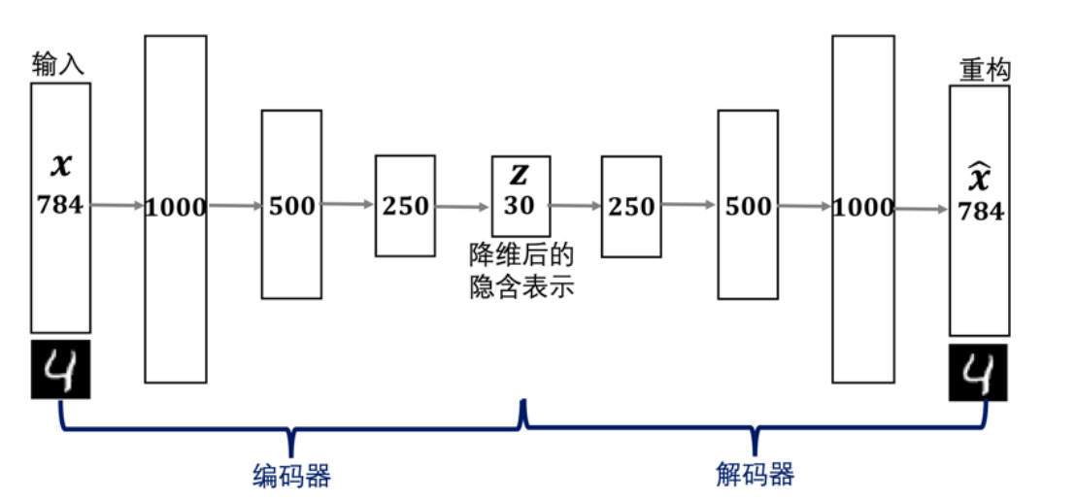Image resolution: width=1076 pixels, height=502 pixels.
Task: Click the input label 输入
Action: click(x=58, y=65)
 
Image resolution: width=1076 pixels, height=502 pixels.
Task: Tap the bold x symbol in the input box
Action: click(x=60, y=166)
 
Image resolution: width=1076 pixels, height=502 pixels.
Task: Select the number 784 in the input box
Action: click(x=60, y=204)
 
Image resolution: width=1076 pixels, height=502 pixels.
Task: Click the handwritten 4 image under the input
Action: click(x=60, y=369)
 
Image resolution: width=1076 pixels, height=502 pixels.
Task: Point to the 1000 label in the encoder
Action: click(x=176, y=207)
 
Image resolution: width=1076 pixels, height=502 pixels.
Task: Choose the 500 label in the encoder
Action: click(x=291, y=206)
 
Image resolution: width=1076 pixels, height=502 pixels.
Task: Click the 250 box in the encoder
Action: click(x=406, y=206)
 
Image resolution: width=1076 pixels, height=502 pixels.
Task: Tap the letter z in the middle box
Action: click(x=521, y=174)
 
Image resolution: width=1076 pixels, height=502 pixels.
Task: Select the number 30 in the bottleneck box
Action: click(x=520, y=205)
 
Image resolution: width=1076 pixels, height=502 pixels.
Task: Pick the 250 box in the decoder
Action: click(x=631, y=206)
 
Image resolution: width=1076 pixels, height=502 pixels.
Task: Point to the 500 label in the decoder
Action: click(x=749, y=206)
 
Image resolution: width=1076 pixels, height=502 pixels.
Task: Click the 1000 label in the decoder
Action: click(x=863, y=207)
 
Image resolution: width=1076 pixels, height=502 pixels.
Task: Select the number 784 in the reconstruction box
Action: click(x=979, y=211)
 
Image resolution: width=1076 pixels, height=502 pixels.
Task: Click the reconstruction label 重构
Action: click(x=984, y=70)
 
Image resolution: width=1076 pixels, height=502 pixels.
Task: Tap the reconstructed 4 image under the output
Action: click(x=978, y=372)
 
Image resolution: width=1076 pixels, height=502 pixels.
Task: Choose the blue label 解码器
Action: click(x=755, y=475)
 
